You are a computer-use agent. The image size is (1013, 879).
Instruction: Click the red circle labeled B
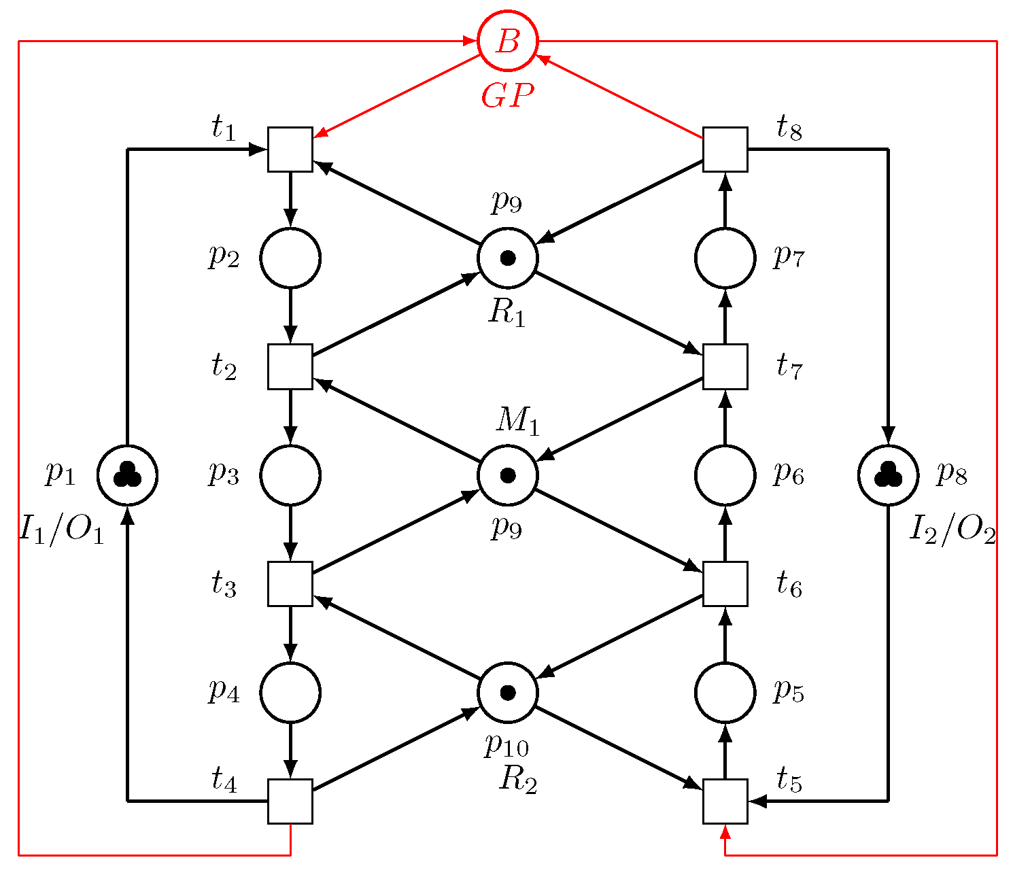pos(507,41)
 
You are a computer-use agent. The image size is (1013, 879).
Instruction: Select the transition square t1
pos(290,150)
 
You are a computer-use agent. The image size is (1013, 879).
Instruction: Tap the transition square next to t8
pos(725,150)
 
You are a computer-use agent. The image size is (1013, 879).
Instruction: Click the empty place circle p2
pos(290,258)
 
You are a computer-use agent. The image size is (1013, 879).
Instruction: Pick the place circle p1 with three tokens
pos(127,475)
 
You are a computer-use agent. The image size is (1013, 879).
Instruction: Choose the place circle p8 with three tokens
pos(888,475)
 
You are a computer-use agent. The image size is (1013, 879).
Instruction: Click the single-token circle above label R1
pos(507,258)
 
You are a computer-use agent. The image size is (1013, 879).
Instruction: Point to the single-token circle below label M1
pos(507,475)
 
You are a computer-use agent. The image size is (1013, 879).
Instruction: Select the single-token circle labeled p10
pos(507,692)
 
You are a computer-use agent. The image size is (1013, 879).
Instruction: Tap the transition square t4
pos(290,801)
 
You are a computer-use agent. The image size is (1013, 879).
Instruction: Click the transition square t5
pos(725,801)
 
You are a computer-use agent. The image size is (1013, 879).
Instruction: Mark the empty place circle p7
pos(725,258)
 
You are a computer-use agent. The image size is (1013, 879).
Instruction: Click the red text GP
pos(507,97)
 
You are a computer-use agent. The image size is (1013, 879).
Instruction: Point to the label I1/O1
pos(62,529)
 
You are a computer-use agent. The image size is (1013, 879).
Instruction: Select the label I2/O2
pos(952,529)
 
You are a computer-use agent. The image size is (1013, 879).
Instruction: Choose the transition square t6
pos(725,584)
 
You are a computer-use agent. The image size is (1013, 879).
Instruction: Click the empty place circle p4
pos(290,692)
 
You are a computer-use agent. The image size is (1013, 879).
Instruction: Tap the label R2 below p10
pos(518,780)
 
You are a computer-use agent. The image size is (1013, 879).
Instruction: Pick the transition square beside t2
pos(290,366)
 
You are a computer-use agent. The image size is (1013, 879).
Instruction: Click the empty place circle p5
pos(725,692)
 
